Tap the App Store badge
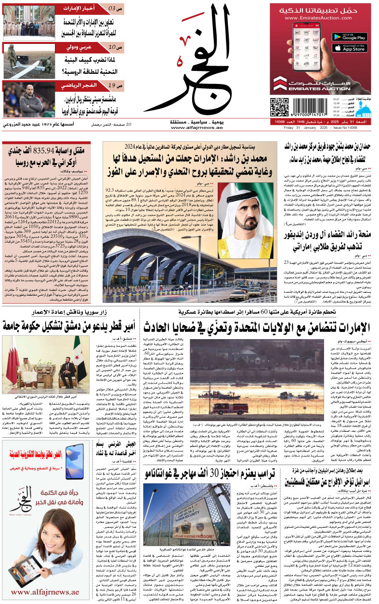350,48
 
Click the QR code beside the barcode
279,108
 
